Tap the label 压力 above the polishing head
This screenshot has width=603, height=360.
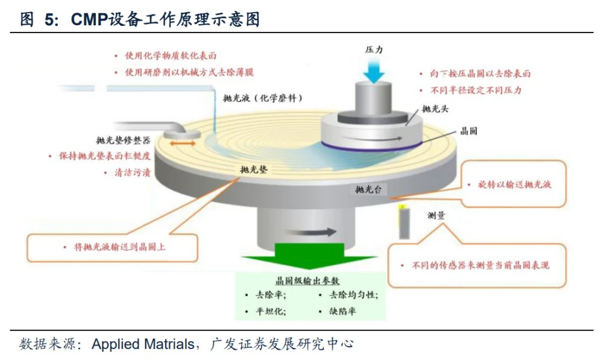[374, 50]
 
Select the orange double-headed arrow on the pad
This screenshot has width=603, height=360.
[182, 144]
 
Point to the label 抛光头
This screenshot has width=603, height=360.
[434, 109]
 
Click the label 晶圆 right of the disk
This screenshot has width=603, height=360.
[469, 131]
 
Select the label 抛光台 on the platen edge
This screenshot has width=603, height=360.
[367, 190]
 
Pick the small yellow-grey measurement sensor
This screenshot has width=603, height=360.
[403, 221]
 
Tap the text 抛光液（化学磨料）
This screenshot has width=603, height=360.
[262, 98]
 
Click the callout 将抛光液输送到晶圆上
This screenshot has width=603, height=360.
[113, 247]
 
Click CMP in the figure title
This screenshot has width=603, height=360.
[89, 20]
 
